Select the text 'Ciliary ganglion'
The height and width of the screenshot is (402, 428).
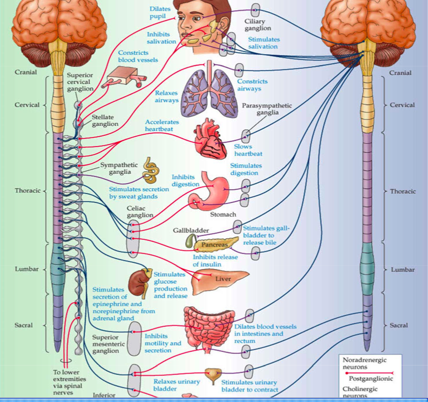pos(258,25)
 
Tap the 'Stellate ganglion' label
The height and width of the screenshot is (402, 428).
pos(104,120)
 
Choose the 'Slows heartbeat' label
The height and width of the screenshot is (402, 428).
pos(248,150)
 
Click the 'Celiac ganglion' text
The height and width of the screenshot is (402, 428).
pos(139,212)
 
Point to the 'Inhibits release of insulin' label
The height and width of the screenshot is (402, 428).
pos(215,261)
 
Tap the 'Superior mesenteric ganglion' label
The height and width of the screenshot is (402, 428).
pos(105,344)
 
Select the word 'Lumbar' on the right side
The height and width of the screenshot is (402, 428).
pos(402,269)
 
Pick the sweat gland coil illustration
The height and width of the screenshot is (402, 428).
pos(150,170)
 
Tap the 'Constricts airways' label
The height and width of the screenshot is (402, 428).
pos(253,85)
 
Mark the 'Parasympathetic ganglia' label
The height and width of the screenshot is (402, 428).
pos(267,109)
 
